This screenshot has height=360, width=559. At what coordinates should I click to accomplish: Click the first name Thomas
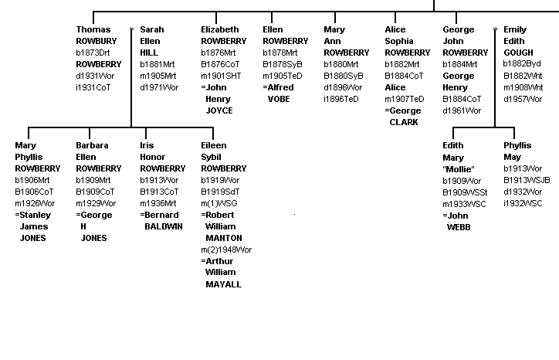(93, 30)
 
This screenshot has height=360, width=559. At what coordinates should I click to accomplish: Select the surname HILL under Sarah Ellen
(149, 53)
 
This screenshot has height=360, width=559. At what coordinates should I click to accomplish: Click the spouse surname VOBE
(279, 99)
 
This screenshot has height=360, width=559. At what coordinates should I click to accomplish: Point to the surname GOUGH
(518, 53)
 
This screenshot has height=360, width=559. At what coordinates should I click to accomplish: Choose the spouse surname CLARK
(405, 122)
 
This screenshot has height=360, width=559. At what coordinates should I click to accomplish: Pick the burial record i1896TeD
(340, 99)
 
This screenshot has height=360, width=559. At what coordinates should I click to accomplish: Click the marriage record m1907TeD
(404, 99)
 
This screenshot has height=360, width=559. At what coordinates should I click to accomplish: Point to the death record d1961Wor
(462, 110)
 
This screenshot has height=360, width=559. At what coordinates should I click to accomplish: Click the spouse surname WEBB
(459, 227)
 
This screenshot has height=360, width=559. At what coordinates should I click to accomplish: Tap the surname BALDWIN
(164, 226)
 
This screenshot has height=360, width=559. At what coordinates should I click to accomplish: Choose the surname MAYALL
(223, 284)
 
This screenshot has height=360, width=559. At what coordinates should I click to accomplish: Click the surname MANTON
(223, 238)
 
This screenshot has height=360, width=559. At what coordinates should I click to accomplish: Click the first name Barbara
(92, 145)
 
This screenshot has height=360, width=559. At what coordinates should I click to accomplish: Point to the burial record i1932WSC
(523, 203)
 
